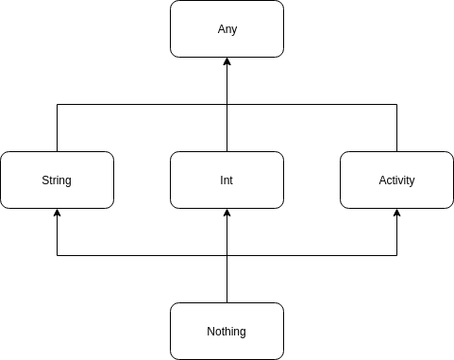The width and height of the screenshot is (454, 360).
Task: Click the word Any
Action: tap(227, 29)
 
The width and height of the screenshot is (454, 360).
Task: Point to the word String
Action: tap(57, 180)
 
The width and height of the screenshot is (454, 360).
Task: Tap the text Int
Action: tap(227, 180)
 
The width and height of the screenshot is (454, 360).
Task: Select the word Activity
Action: tap(396, 180)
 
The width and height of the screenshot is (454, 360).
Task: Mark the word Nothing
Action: tap(227, 332)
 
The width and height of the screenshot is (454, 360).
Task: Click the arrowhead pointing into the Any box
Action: tap(227, 63)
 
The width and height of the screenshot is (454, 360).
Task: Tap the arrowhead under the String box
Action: tap(57, 214)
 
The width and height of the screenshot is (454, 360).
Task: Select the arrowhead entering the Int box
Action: tap(227, 214)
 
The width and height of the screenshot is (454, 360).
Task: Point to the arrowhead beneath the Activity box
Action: tap(396, 214)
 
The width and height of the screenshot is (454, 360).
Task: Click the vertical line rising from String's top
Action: tap(57, 128)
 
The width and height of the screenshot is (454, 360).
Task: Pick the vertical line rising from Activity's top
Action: tap(396, 128)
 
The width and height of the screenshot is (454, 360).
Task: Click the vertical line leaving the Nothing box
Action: tap(227, 280)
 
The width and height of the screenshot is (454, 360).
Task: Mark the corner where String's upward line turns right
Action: tap(57, 104)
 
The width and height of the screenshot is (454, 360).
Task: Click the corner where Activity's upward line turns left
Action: tap(396, 104)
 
